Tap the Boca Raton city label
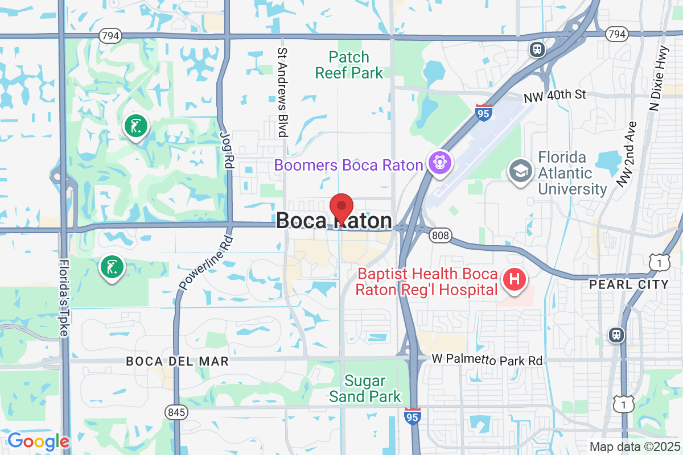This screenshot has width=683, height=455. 334,221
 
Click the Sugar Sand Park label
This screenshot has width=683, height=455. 365,388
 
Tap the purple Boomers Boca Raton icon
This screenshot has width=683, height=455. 441,164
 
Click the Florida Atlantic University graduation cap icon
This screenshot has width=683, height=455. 520,171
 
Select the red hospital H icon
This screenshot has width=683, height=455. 515,280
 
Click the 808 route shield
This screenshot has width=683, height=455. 439,234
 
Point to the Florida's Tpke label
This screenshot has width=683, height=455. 64,298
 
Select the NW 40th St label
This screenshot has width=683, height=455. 554,95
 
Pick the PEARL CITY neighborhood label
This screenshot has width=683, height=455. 629,284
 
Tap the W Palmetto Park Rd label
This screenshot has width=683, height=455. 487,360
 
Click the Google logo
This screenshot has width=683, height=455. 38,441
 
